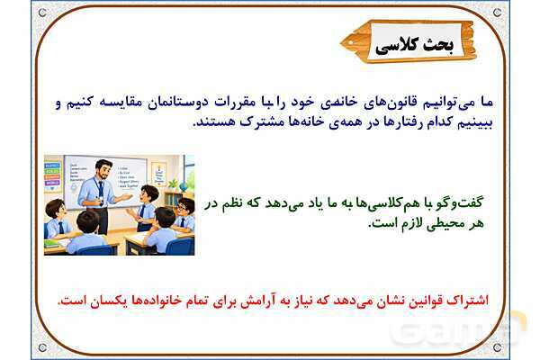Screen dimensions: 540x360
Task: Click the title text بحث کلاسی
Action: point(414,44)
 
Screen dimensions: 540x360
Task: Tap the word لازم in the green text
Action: point(409,223)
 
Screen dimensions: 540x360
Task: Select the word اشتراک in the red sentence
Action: point(469,301)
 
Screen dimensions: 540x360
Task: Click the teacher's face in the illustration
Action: point(103,171)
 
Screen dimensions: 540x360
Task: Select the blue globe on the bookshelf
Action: point(184,186)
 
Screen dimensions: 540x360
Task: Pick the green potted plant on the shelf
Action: point(174,184)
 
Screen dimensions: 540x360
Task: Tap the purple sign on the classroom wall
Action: point(53,183)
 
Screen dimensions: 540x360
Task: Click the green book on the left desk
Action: point(52,244)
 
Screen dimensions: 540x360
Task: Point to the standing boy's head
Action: point(148,194)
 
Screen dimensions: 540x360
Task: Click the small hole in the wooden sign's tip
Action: point(351,42)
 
